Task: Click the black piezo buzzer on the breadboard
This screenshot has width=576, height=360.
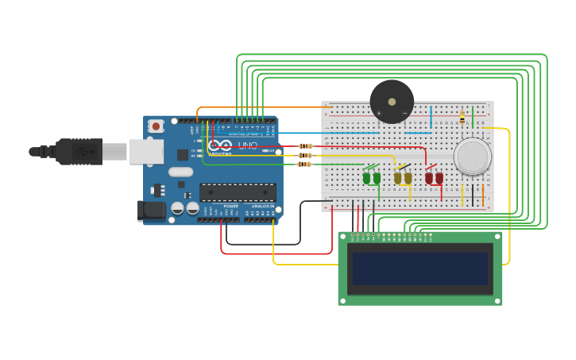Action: coord(392,101)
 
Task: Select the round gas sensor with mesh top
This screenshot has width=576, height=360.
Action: coord(473,156)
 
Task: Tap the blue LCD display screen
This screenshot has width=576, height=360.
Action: coord(420,269)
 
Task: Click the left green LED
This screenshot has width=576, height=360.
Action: coord(367,178)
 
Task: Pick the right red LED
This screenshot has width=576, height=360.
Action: coord(439,178)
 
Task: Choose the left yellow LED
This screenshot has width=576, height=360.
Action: coord(398,178)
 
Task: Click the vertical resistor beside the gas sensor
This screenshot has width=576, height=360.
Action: coord(462,118)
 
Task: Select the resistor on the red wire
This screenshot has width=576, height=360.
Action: coord(305,146)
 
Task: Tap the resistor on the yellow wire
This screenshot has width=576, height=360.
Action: coord(305,156)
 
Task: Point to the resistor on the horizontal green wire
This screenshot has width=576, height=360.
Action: coord(305,165)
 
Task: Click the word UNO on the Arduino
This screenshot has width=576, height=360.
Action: coord(248,145)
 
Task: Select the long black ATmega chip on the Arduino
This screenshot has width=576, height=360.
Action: coord(238,192)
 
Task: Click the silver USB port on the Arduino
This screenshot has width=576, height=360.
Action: coord(146,151)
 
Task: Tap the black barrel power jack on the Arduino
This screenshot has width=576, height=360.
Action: coord(150,211)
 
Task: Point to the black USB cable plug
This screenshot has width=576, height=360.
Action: coord(79,151)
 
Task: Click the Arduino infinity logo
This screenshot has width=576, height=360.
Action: coord(219,146)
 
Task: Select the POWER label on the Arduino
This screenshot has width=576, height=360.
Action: coord(230,206)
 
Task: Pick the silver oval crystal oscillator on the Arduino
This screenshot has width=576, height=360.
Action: coord(181,172)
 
